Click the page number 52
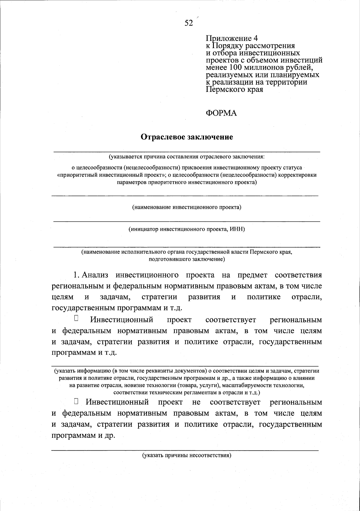(189, 23)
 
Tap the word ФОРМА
(221, 113)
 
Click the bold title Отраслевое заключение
(187, 137)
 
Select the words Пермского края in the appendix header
(234, 89)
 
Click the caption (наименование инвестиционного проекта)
(187, 207)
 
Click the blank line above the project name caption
(185, 196)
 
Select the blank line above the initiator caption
(187, 221)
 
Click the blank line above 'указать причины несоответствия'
(185, 450)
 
